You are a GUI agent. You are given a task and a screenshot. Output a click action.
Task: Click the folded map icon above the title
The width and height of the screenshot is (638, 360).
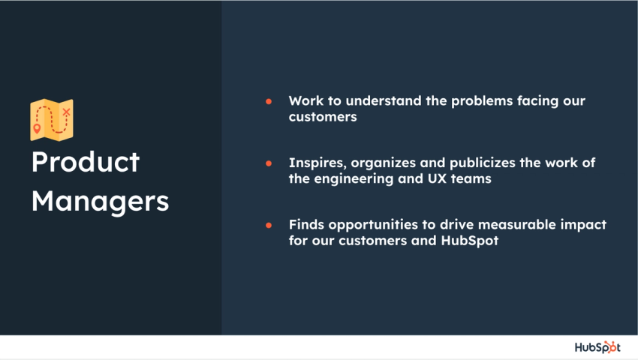pyautogui.click(x=52, y=119)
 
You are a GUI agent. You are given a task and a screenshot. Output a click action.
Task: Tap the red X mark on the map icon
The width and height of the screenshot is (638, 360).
pyautogui.click(x=66, y=112)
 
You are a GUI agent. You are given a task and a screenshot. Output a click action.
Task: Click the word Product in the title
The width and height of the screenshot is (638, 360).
pyautogui.click(x=86, y=162)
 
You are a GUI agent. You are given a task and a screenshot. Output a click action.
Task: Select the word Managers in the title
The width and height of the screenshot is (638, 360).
pyautogui.click(x=100, y=201)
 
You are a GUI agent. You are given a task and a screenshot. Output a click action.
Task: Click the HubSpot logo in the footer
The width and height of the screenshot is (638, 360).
pyautogui.click(x=597, y=346)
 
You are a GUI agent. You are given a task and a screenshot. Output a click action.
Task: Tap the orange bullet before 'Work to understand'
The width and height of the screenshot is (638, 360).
pyautogui.click(x=269, y=100)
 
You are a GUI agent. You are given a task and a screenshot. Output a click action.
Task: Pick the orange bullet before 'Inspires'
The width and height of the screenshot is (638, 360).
pyautogui.click(x=269, y=163)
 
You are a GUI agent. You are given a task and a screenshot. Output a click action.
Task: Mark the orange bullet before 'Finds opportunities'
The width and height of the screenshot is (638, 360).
pyautogui.click(x=269, y=225)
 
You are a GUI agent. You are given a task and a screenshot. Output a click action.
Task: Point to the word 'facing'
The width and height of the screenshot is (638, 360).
pyautogui.click(x=540, y=100)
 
